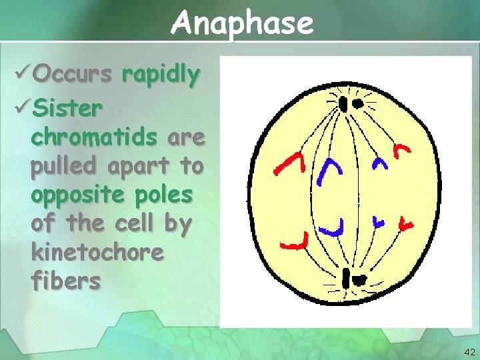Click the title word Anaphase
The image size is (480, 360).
(x=241, y=23)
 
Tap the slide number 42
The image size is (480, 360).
(x=469, y=351)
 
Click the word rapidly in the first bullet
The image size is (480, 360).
(x=161, y=75)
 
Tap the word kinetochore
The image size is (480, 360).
(x=97, y=253)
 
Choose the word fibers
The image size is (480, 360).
(x=66, y=281)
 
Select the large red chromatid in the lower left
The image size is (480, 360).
(x=296, y=243)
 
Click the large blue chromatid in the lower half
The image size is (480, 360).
(x=333, y=229)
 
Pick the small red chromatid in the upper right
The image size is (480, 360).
(x=402, y=151)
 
